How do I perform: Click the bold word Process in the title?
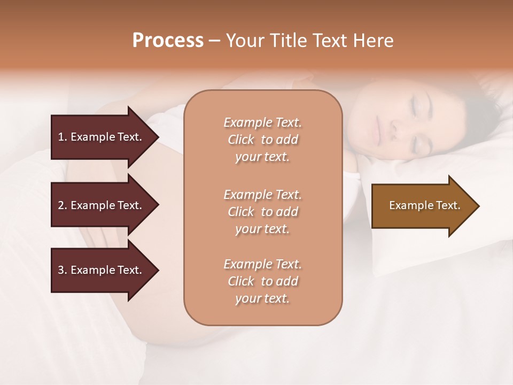pyautogui.click(x=168, y=41)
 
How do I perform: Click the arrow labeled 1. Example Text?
pyautogui.click(x=102, y=137)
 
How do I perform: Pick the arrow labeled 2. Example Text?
pyautogui.click(x=102, y=205)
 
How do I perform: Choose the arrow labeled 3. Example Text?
pyautogui.click(x=102, y=270)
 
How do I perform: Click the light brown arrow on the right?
pyautogui.click(x=422, y=206)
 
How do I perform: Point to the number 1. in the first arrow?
pyautogui.click(x=63, y=137)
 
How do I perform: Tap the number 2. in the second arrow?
pyautogui.click(x=63, y=205)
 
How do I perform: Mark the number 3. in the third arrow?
pyautogui.click(x=63, y=270)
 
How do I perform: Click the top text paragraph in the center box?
pyautogui.click(x=262, y=140)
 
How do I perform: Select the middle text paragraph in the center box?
pyautogui.click(x=262, y=212)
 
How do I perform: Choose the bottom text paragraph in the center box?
pyautogui.click(x=262, y=281)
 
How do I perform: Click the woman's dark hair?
pyautogui.click(x=465, y=107)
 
